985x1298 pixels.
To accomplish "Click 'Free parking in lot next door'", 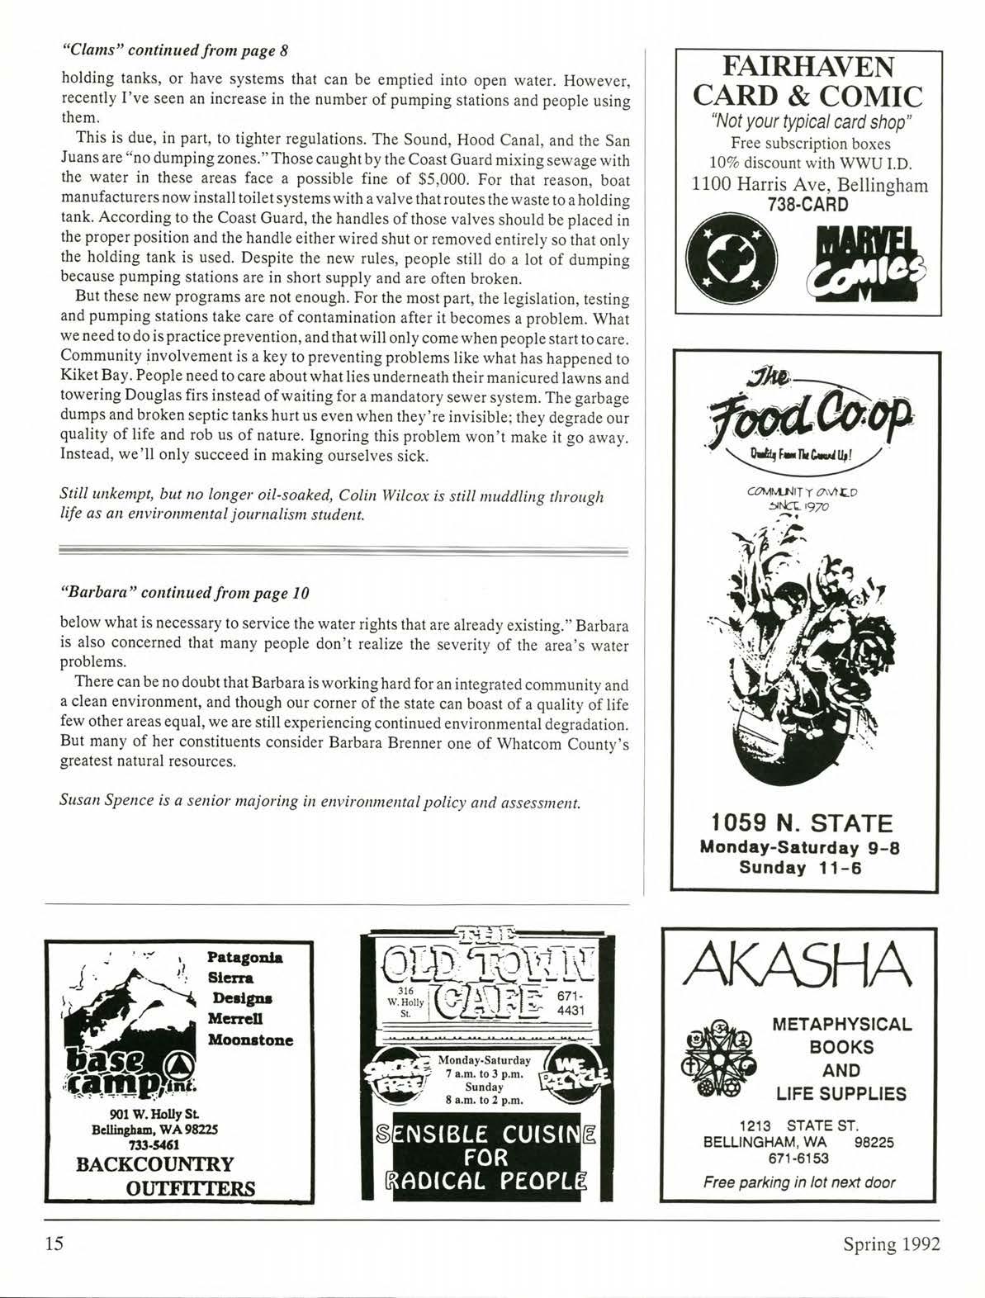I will [x=798, y=1182].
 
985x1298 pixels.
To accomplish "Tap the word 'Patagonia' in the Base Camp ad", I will [x=244, y=958].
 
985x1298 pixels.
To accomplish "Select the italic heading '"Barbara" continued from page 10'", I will [x=185, y=593].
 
